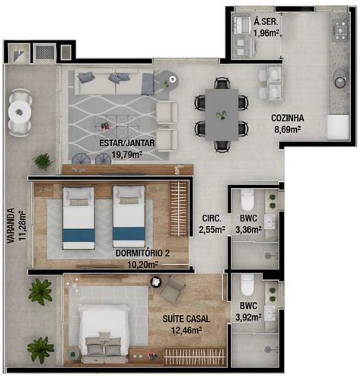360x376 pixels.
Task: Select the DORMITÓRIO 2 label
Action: coord(142,253)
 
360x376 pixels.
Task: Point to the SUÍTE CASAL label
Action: coord(186,319)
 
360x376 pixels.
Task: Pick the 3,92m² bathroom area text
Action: coord(250,317)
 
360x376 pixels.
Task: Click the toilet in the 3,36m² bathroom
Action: coord(247,201)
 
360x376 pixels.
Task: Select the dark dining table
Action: coord(221,106)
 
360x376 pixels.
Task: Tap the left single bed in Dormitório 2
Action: coord(78,216)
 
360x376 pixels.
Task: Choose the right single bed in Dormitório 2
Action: coord(129,216)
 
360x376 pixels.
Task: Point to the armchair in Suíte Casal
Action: coord(173,289)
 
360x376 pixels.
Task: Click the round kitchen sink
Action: coord(340,77)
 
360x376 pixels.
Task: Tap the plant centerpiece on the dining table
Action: coord(221,114)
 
